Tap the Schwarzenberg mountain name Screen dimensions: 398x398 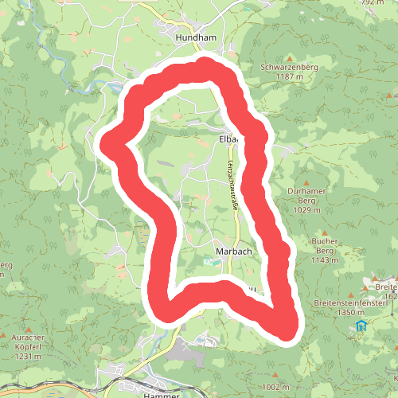(x=289, y=68)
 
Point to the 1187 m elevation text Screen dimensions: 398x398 (x=289, y=77)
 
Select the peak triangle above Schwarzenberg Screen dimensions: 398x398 (x=289, y=57)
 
